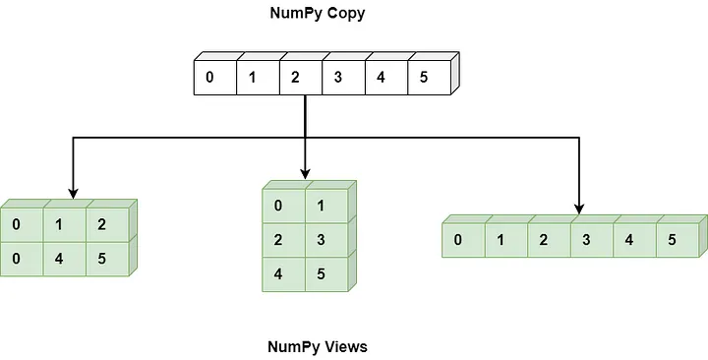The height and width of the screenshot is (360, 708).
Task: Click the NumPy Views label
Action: (317, 347)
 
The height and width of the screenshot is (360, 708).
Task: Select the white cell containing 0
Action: (210, 77)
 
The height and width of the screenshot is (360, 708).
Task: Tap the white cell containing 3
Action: (337, 77)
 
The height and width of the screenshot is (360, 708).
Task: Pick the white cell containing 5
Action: (423, 77)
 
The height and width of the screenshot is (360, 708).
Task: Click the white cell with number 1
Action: (253, 77)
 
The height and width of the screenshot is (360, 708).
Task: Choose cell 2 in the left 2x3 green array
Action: (102, 224)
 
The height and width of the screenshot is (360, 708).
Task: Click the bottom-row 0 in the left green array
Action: (17, 258)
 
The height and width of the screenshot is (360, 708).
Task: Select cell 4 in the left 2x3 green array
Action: (59, 258)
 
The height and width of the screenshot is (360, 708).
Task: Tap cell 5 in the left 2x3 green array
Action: (102, 258)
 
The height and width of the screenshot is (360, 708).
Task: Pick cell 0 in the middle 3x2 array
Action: (279, 206)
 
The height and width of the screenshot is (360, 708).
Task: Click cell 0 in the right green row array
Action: (458, 240)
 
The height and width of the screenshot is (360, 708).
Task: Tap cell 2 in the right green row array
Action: (544, 240)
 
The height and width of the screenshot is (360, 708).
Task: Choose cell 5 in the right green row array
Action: (672, 240)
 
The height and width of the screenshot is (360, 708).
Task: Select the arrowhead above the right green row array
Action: (578, 207)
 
